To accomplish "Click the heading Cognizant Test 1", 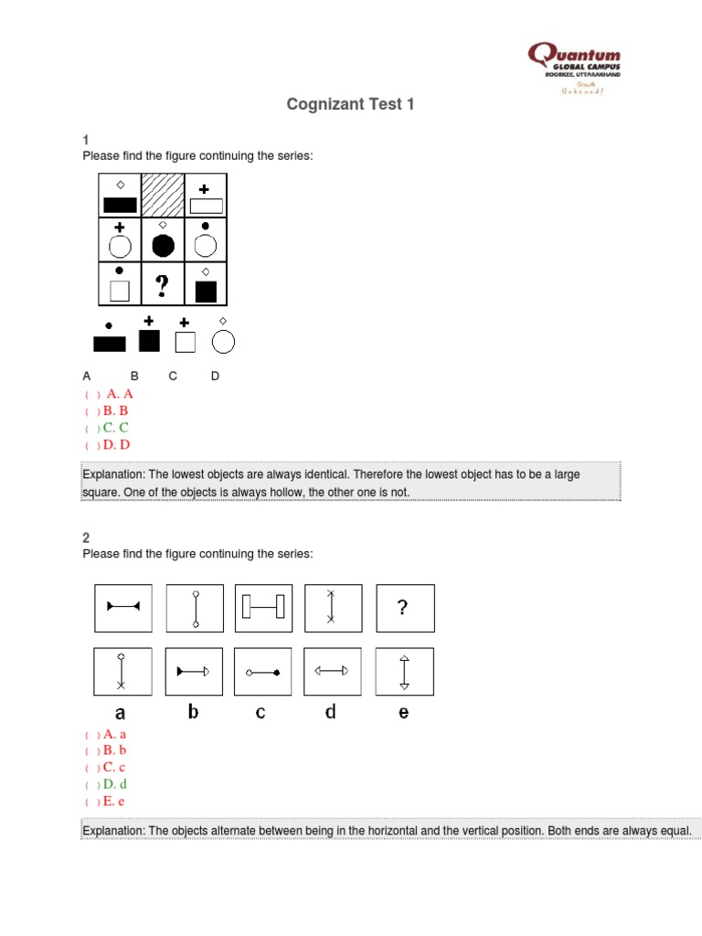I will point(350,104).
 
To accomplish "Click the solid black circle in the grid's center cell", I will point(163,245).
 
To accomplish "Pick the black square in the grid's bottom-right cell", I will point(206,292).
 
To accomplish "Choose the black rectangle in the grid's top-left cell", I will point(120,205).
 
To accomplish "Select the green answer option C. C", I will point(114,428).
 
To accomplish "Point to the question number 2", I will point(86,537).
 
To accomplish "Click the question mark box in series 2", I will point(405,608).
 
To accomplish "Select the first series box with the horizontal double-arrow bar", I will point(123,608).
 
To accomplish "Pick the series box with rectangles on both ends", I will point(263,608).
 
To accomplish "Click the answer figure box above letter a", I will point(123,671).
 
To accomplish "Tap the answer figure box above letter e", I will point(405,671).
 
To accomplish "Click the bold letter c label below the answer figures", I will point(261,712).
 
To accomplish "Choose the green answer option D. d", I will point(114,784).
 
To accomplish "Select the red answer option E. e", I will point(113,802).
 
